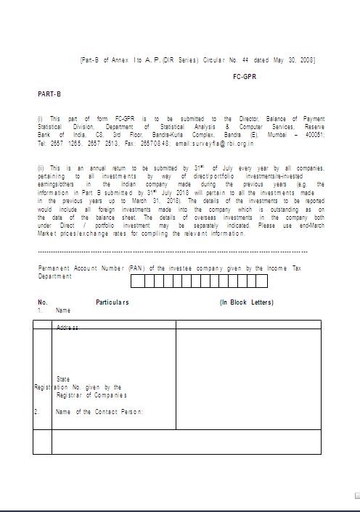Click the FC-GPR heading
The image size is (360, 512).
point(244,75)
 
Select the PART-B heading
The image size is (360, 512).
point(45,94)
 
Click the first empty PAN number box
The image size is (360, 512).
point(137,281)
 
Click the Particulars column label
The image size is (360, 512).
point(112,302)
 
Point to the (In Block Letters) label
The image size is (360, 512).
point(247,302)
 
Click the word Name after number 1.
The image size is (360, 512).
point(63,310)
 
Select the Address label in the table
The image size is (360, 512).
point(67,328)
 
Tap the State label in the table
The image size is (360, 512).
point(63,379)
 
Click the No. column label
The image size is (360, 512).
point(43,302)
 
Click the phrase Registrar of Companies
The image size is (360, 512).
point(91,395)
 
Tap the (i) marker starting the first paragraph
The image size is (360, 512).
point(40,118)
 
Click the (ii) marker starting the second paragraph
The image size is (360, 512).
point(41,168)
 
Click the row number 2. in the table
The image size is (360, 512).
point(36,412)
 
